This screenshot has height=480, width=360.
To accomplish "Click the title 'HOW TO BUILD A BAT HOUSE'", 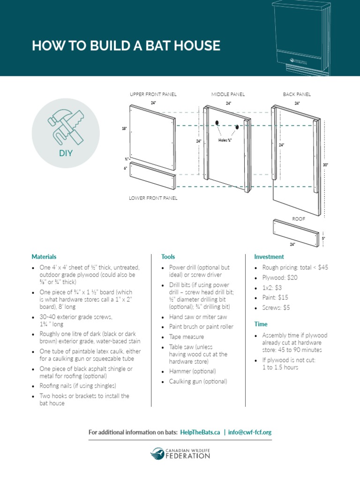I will tap(126, 45).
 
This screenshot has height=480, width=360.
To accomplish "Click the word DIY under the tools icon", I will tap(66, 153).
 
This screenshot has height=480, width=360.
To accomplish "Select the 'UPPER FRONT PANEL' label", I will tap(153, 94).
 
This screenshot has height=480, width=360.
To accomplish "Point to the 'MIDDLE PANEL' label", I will tap(228, 94).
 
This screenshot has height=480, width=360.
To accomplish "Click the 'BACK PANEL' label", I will tap(297, 94).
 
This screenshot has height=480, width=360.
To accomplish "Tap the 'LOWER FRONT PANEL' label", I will tap(153, 198).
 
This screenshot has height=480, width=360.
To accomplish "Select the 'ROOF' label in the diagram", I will tap(299, 218).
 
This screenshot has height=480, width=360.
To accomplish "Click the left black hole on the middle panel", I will tap(217, 123).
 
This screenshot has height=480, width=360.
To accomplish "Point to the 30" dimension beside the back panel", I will tap(326, 165).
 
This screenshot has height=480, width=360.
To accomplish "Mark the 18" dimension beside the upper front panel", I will tap(124, 127).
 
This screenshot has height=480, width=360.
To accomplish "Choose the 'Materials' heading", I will tap(44, 257).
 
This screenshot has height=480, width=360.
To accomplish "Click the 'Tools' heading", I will tap(168, 257).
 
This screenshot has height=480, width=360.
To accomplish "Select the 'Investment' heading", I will tap(269, 257).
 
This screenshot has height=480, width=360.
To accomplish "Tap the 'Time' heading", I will tap(261, 324).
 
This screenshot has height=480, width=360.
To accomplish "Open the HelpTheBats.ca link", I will tap(200, 432).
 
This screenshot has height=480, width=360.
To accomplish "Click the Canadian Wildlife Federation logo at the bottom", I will tap(180, 453).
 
